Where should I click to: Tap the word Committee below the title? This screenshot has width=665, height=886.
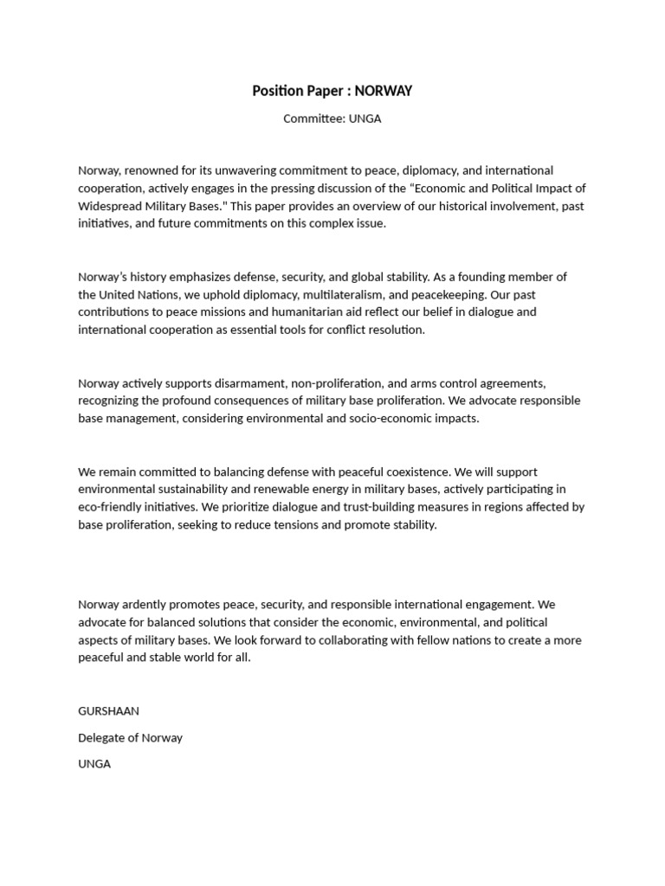[313, 119]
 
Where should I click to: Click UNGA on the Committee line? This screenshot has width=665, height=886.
[365, 119]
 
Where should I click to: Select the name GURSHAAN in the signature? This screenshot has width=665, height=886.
[108, 711]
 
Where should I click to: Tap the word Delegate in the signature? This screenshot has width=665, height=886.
[101, 738]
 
